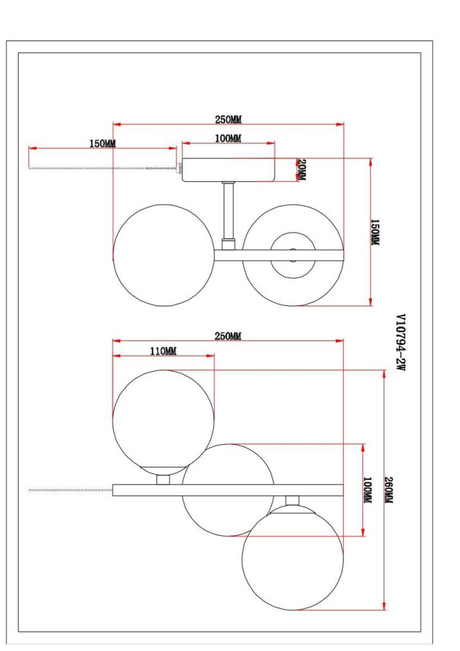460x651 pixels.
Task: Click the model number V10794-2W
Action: [399, 343]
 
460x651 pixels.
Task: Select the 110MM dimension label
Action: [163, 351]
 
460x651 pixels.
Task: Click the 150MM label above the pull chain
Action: [102, 143]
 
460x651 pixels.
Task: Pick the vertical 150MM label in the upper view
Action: [375, 232]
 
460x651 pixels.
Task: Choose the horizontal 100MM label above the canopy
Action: [228, 138]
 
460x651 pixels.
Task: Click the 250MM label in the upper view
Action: [228, 119]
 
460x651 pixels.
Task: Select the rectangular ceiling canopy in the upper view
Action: [228, 170]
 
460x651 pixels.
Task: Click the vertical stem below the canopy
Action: [229, 212]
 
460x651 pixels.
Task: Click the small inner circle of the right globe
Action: [293, 255]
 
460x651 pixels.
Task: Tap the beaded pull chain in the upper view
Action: [102, 169]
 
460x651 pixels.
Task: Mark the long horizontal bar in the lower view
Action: [228, 490]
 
